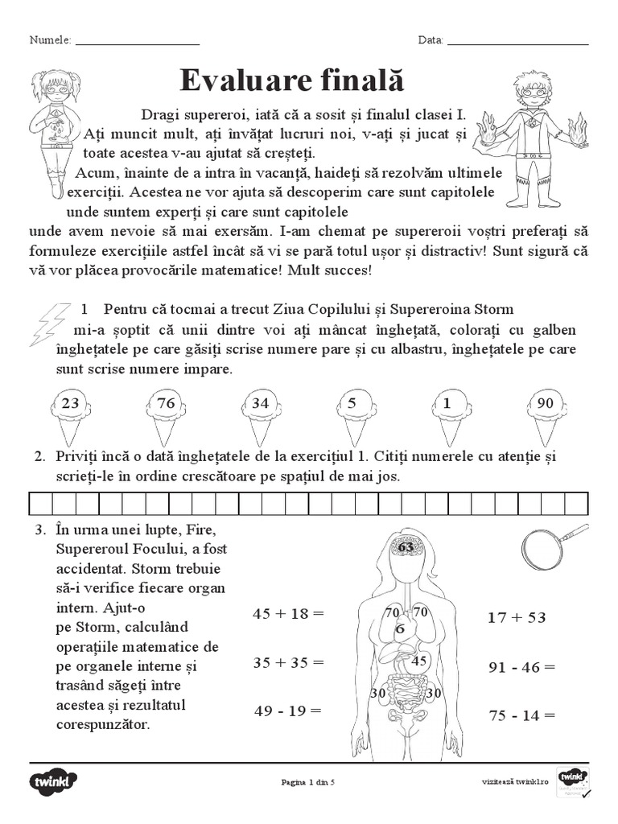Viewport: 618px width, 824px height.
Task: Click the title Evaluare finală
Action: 291,81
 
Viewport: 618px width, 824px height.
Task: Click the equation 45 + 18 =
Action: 287,613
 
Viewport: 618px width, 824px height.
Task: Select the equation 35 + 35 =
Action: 287,663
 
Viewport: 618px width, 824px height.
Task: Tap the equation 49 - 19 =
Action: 287,711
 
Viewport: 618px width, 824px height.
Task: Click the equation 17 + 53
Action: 517,617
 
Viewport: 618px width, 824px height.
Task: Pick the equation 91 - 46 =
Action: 521,667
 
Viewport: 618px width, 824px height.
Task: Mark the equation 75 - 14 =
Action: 521,715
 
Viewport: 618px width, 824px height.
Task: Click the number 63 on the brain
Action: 406,548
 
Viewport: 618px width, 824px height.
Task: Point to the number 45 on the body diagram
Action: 418,661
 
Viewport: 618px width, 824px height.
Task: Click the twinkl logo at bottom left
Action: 54,781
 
